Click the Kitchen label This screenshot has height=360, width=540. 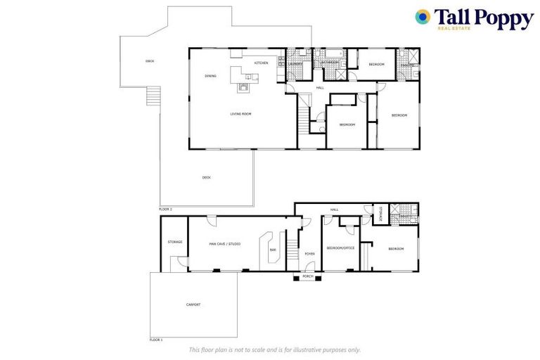pos(261,63)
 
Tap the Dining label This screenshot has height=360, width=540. pos(210,75)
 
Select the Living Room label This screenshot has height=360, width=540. pos(240,113)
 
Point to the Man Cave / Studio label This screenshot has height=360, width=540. pos(225,243)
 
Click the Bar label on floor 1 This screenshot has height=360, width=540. pos(273,250)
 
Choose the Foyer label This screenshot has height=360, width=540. pos(309,253)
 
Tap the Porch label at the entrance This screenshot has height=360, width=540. pos(307,276)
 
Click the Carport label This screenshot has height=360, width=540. pos(193,304)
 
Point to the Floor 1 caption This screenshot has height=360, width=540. pos(156,340)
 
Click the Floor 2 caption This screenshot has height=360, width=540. pos(165,209)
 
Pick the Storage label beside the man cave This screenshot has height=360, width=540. pos(175,242)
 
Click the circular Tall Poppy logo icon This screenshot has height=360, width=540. pos(423,17)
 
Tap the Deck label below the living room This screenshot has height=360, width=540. pos(206,177)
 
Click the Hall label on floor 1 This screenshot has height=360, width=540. pos(335,210)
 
